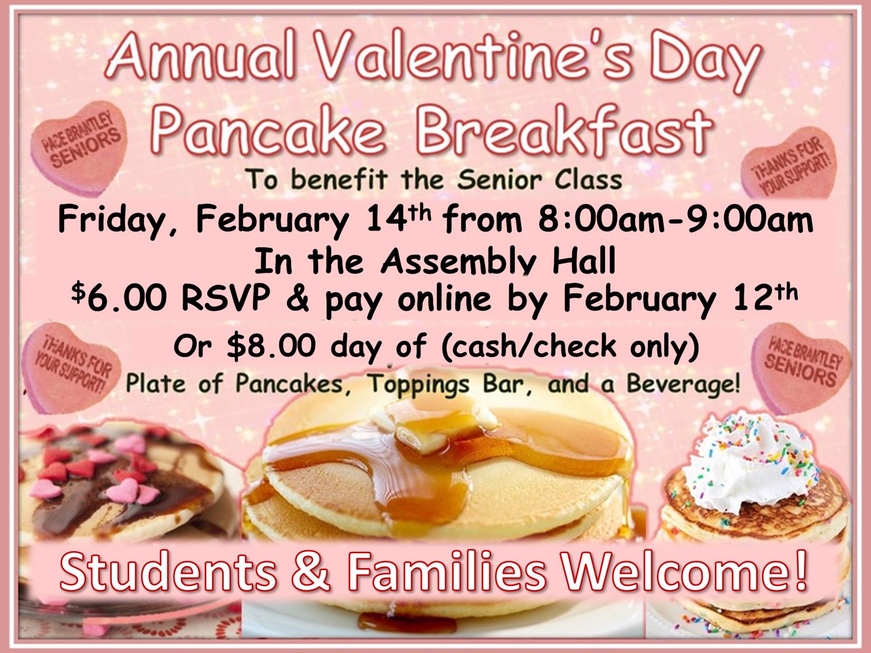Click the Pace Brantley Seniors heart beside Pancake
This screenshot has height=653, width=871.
pyautogui.click(x=79, y=148)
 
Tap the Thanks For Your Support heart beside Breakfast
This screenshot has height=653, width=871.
pyautogui.click(x=790, y=164)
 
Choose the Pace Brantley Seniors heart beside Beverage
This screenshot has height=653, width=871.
pyautogui.click(x=801, y=367)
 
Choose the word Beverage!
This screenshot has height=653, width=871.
pyautogui.click(x=683, y=384)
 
